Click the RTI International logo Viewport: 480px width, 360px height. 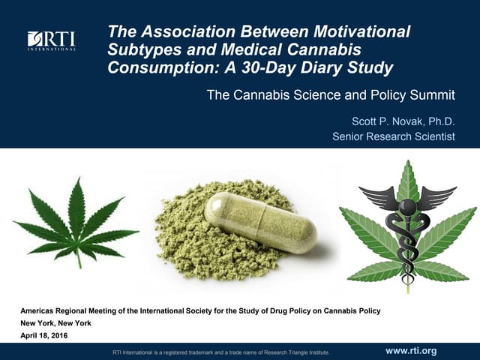tap(51, 40)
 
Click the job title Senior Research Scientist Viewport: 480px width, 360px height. tap(394, 136)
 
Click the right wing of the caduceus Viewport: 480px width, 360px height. tap(438, 197)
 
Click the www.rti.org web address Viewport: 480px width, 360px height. tap(410, 350)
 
